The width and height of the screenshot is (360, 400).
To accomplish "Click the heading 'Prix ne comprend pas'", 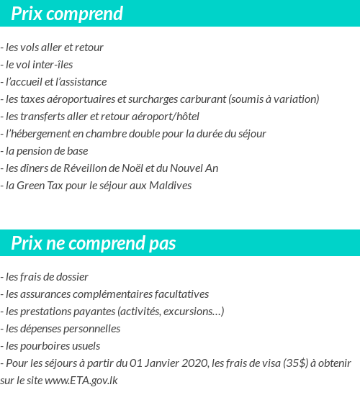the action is point(94,244).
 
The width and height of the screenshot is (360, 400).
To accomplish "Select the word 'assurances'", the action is point(48,294).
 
